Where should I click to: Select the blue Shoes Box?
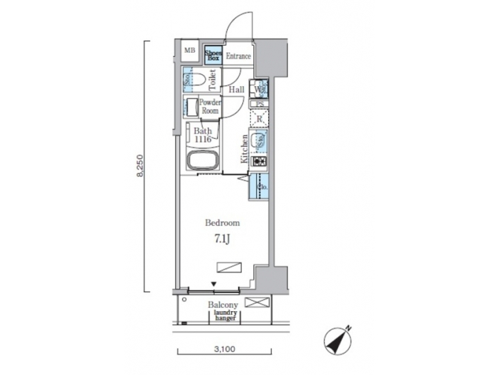pos(212,53)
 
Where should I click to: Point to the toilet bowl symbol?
pos(197,78)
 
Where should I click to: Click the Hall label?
pos(235,90)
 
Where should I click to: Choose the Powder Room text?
pos(210,107)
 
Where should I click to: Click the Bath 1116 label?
pos(203,135)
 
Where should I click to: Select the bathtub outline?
pos(202,162)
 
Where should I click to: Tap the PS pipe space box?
pos(260,104)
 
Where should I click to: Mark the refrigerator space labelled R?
pos(258,119)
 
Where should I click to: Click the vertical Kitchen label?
pos(244,148)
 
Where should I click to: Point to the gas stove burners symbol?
pos(260,162)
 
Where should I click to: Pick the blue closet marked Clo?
pos(260,186)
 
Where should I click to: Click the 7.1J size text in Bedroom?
pos(222,238)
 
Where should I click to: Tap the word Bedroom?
pos(222,223)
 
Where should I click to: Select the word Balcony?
pos(223,305)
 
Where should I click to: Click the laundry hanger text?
pos(226,316)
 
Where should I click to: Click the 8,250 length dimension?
pos(142,167)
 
